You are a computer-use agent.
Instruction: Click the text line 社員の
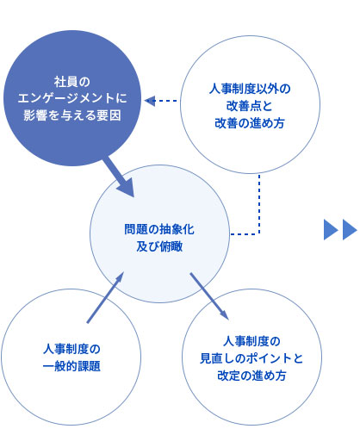pos(72,82)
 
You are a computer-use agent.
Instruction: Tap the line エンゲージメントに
pos(72,98)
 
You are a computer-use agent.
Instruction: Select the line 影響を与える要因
pos(72,115)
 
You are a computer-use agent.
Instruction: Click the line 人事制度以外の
pos(250,89)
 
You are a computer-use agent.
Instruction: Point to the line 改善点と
pos(249,106)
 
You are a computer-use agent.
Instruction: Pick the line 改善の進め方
pos(250,123)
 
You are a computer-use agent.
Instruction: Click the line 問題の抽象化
pos(159,229)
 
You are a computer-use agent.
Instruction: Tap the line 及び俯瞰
pos(159,246)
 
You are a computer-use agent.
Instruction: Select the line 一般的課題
pos(71,366)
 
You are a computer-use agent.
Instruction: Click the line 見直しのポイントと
pos(251,358)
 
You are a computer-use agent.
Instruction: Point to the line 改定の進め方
pos(251,376)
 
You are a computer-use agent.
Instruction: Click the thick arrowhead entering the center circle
pos(127,188)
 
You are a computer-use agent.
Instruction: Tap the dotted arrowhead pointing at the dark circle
pos(150,101)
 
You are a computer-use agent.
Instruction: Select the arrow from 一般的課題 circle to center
pos(105,297)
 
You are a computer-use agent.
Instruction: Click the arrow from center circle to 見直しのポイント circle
pos(209,296)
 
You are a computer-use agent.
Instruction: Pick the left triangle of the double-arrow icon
pos(331,229)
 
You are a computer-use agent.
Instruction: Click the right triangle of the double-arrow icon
pos(350,229)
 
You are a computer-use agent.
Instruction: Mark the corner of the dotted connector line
pos(259,234)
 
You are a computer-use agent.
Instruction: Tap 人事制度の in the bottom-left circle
pos(71,349)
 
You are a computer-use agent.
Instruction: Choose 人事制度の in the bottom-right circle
pos(251,341)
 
